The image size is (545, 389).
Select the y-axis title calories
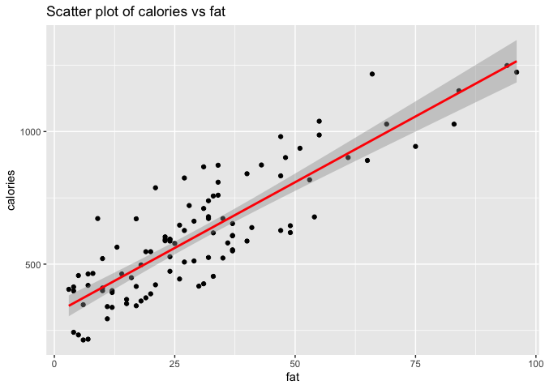11,190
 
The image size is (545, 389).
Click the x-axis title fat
293,377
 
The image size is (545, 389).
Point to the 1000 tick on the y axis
32,132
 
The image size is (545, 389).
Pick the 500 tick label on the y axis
34,264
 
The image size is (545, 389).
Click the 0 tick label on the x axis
54,364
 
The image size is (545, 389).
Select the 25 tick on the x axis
174,364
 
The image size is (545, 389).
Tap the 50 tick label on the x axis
295,364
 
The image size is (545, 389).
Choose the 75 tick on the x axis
415,364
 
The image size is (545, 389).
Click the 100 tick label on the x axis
536,364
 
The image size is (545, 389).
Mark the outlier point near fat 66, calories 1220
372,74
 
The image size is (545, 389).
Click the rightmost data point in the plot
517,72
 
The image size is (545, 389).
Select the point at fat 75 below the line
415,147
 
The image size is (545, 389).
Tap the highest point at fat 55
319,122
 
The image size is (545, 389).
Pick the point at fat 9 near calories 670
97,219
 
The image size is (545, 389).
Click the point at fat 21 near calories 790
156,188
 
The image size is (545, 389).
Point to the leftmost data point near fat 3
69,289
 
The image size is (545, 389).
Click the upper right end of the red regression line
517,62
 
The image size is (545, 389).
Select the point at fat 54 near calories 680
314,217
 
